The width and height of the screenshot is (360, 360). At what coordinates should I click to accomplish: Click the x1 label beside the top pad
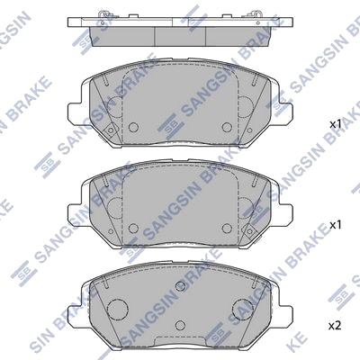(x=336, y=124)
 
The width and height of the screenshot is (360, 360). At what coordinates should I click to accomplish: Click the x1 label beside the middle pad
(x=336, y=225)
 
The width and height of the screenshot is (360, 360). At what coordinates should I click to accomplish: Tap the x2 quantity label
(x=335, y=326)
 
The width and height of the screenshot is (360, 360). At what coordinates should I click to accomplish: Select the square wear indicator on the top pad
(x=111, y=130)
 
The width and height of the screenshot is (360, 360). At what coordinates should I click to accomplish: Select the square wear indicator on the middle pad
(x=249, y=230)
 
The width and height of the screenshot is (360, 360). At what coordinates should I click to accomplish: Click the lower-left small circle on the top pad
(x=133, y=127)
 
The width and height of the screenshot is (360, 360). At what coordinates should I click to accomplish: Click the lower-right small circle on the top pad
(x=227, y=127)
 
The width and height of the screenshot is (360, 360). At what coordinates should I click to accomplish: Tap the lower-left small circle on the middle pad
(x=133, y=228)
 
